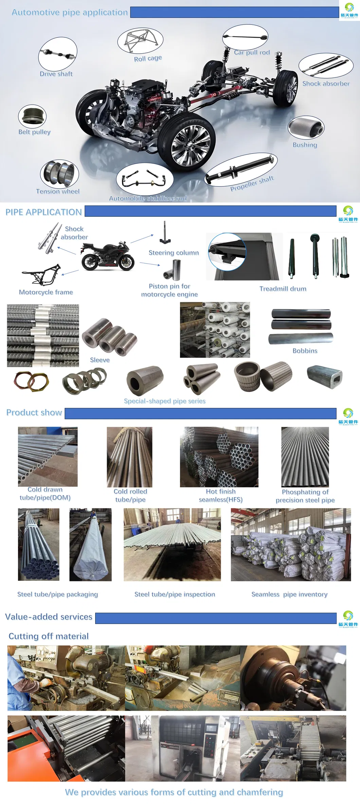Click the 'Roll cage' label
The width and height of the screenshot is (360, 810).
[x=148, y=58]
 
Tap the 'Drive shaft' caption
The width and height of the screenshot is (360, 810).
[x=56, y=74]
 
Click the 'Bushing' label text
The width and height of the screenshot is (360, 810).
[x=305, y=145]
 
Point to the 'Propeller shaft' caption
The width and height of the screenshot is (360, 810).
[x=252, y=183]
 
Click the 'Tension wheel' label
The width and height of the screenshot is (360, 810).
[x=58, y=191]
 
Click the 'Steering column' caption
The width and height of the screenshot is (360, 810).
[x=174, y=253]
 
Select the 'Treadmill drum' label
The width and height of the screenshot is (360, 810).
[x=283, y=289]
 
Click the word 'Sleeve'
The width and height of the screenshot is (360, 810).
[x=100, y=360]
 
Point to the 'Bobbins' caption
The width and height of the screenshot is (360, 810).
[x=305, y=351]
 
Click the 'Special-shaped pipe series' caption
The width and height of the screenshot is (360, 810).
[x=165, y=401]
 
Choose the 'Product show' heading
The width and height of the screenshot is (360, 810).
[x=34, y=413]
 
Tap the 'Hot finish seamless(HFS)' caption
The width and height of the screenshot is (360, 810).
[x=221, y=496]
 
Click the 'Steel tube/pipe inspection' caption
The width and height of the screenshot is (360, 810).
[x=175, y=594]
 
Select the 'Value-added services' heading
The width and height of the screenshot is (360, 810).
[x=49, y=617]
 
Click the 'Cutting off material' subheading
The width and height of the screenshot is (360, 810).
[x=49, y=636]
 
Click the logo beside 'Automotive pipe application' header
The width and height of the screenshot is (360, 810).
[x=349, y=10]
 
